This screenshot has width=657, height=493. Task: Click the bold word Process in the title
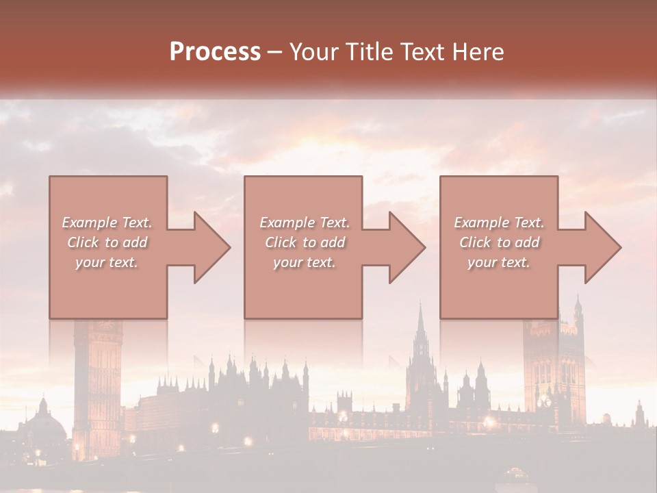215,52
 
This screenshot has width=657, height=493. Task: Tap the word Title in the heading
368,52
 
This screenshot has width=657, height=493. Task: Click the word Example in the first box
89,223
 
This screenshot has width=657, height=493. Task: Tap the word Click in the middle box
281,242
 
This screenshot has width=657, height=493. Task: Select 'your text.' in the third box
498,262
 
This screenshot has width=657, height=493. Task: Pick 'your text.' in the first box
107,262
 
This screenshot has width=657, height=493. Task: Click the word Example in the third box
480,223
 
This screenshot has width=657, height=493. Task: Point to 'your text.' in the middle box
304,262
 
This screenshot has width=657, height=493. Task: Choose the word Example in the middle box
286,223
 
